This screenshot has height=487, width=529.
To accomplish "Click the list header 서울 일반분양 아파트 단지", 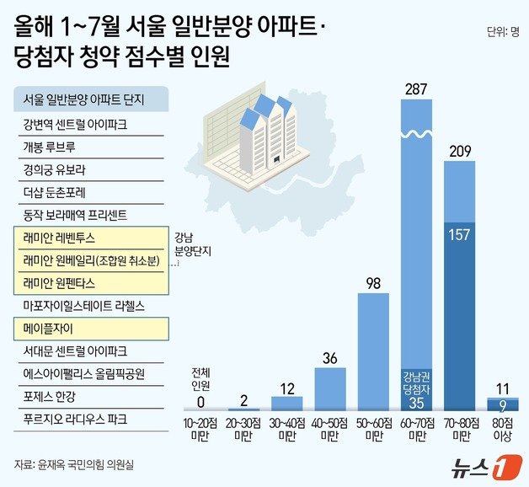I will [84, 99].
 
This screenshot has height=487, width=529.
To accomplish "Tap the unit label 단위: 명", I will [501, 34].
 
